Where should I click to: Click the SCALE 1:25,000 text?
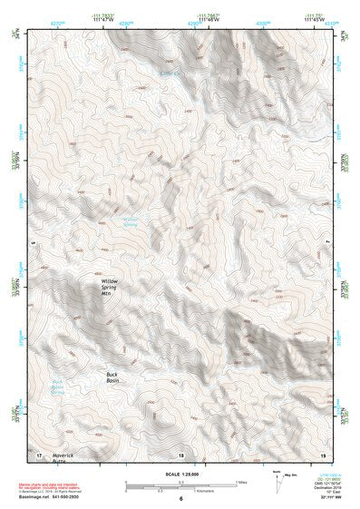point(181,472)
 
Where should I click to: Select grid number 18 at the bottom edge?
point(181,453)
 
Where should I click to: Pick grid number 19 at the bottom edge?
point(322,453)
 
